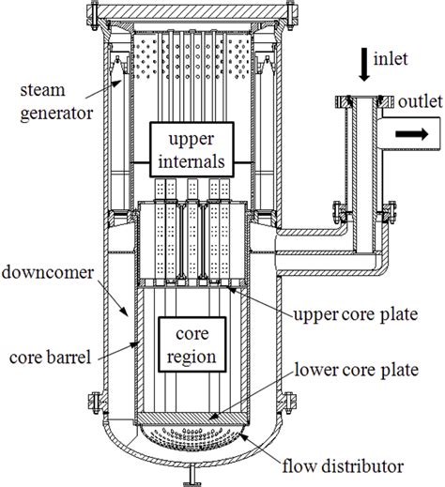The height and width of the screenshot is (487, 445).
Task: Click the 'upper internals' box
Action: (192, 149)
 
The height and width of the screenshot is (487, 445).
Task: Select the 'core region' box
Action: (192, 344)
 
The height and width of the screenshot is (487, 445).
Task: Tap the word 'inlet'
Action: (391, 59)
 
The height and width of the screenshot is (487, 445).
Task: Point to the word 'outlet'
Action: (421, 101)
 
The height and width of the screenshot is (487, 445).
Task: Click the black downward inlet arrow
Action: (363, 66)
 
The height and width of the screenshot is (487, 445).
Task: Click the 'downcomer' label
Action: (48, 272)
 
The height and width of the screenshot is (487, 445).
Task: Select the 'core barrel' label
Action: (50, 357)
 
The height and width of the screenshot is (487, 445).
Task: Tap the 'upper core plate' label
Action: (356, 314)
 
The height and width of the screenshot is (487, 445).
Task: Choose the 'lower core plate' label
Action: (357, 370)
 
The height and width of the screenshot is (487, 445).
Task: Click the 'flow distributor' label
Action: (343, 466)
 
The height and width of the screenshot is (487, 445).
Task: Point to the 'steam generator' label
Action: (56, 101)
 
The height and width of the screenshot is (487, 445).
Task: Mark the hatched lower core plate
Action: (192, 418)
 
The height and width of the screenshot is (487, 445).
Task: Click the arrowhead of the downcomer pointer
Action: (124, 312)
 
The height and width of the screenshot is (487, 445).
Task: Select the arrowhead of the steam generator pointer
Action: (117, 83)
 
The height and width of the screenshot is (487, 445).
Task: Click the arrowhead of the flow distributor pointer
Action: (244, 435)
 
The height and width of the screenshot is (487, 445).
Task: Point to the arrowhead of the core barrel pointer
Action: (135, 344)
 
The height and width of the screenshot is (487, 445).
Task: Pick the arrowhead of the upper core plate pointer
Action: (231, 288)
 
